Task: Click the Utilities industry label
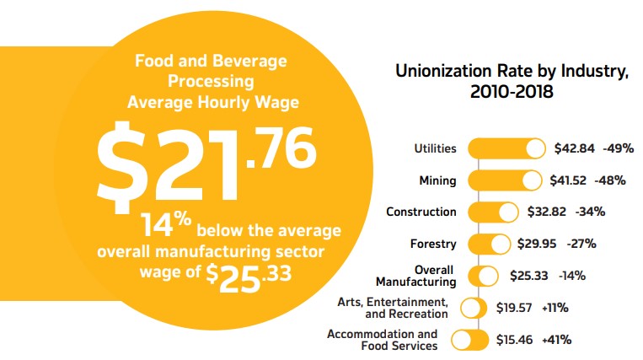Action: point(435,148)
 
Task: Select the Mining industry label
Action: point(437,180)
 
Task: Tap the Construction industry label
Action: point(421,212)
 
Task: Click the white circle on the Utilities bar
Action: point(535,149)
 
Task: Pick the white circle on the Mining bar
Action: point(531,180)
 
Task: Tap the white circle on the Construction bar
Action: point(508,212)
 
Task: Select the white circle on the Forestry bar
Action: point(501,244)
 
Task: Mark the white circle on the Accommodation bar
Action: point(463,340)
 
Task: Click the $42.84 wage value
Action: point(574,148)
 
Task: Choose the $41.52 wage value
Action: point(570,180)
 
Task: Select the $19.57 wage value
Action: point(513,308)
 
